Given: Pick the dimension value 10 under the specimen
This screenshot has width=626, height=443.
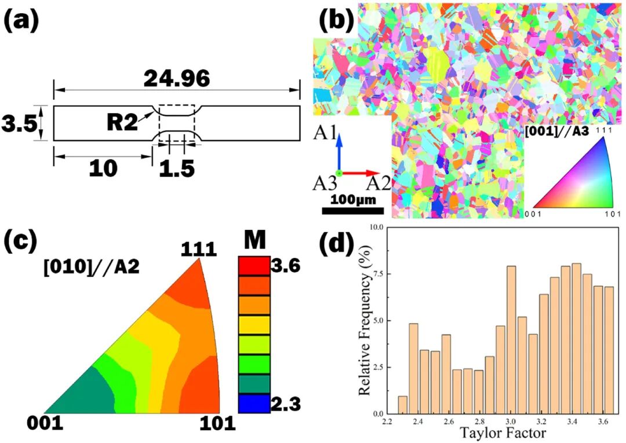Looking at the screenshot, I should click(x=103, y=168).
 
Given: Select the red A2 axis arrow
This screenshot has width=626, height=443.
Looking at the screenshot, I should click(x=359, y=173).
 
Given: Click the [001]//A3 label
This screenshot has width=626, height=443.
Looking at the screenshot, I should click(x=556, y=132).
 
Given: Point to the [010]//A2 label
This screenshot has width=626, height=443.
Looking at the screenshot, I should click(x=91, y=268).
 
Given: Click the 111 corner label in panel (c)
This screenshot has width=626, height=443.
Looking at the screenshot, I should click(x=198, y=250).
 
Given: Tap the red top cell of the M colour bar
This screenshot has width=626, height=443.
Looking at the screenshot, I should click(x=254, y=266).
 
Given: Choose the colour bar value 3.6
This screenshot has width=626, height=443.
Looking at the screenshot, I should click(x=285, y=266).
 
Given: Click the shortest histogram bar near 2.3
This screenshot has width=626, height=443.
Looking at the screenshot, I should click(x=402, y=405).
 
